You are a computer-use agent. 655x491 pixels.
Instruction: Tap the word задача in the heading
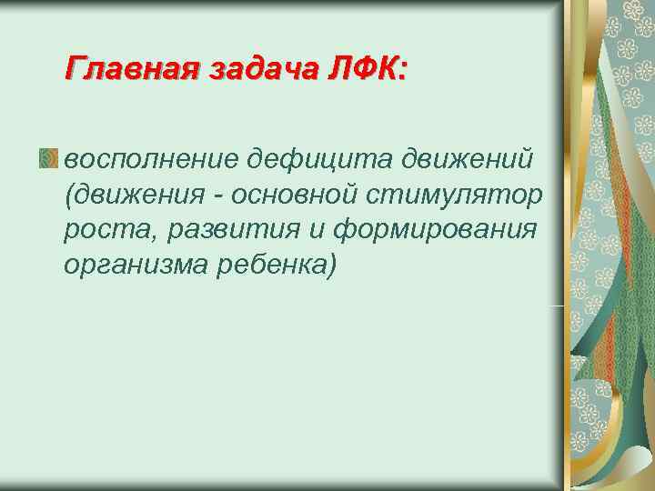point(265,68)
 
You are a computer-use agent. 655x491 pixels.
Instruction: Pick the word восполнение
point(148,160)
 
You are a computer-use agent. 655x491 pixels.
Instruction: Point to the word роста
point(101,230)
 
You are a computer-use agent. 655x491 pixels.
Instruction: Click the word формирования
point(437,230)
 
